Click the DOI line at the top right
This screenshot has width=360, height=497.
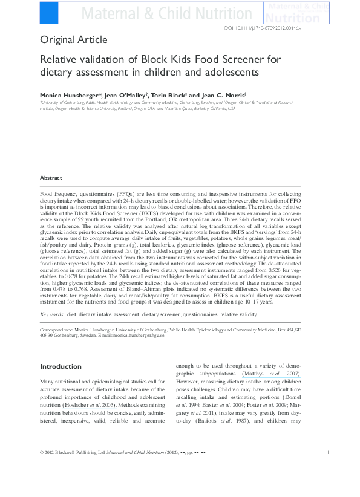293,28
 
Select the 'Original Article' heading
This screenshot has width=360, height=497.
74,40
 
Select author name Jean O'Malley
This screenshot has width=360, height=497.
122,96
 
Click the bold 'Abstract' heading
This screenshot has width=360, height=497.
51,178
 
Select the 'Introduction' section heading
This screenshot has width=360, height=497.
61,366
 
